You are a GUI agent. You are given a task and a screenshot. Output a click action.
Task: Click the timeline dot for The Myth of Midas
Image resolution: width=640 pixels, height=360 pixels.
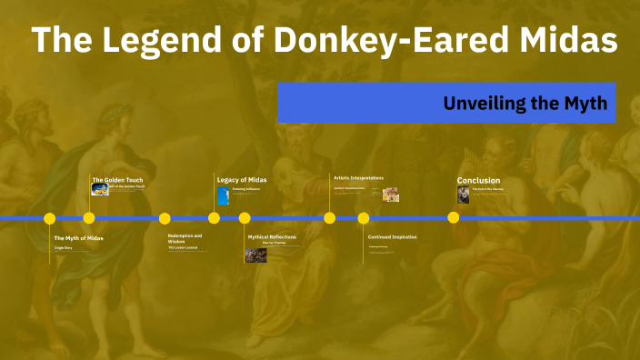49,218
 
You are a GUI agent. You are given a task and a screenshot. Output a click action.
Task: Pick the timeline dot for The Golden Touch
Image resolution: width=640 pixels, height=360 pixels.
89,218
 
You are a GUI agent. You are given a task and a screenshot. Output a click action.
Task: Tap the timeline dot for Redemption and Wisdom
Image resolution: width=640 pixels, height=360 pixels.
165,218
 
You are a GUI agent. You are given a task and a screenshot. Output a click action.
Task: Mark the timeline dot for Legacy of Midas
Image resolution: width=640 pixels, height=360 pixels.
214,218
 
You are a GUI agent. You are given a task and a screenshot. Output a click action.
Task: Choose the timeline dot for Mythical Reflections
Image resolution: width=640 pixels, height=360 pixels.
245,218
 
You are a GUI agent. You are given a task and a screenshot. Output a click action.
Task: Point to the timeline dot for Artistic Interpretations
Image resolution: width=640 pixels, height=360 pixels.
330,218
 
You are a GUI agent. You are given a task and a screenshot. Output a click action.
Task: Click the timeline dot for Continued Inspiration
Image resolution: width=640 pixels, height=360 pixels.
364,218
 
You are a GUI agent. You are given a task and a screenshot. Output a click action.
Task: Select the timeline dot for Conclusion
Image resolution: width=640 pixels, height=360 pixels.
454,218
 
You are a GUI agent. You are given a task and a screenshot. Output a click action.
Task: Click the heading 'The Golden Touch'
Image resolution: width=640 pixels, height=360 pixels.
117,180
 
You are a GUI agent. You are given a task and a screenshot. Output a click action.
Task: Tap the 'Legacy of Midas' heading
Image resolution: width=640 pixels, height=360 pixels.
242,180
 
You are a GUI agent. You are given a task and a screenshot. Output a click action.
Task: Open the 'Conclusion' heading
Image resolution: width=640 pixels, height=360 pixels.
478,180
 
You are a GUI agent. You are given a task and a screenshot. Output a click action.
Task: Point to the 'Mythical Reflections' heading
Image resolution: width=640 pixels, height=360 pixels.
272,237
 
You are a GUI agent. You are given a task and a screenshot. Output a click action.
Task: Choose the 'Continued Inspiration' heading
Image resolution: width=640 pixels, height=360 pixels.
392,237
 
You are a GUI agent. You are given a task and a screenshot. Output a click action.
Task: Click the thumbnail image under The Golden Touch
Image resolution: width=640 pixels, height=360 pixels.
99,190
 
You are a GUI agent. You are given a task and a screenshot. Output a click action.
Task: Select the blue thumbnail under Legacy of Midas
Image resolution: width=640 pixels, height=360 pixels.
223,195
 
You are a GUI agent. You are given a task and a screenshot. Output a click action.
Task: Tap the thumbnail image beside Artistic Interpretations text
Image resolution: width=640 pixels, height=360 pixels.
391,194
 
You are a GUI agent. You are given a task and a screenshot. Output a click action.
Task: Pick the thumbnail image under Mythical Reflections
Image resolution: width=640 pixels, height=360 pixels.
256,255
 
